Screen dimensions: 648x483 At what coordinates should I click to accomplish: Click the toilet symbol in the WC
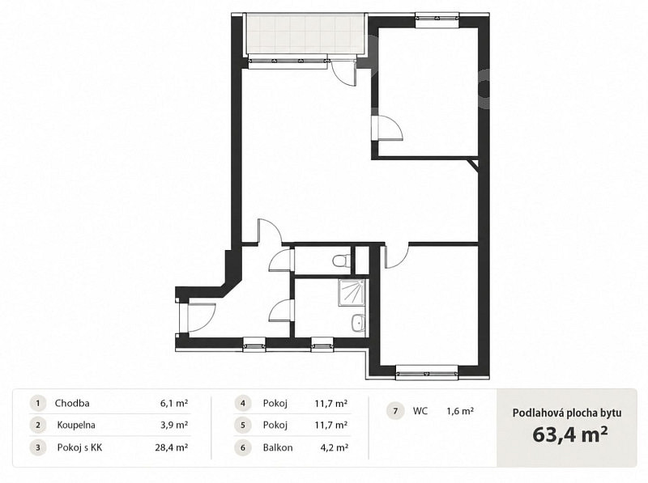point(341,261)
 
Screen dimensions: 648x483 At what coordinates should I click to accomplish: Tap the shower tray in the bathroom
point(352,293)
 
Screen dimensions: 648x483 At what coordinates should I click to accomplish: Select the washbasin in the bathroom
point(358,323)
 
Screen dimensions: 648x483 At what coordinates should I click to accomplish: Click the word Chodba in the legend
point(72,403)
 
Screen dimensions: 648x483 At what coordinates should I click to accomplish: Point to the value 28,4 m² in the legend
point(172,447)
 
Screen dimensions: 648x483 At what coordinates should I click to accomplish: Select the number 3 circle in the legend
point(38,447)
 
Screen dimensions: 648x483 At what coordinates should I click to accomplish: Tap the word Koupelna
point(76,426)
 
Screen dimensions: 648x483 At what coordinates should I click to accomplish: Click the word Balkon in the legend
point(278,447)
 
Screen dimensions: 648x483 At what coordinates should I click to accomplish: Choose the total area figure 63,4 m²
point(570,434)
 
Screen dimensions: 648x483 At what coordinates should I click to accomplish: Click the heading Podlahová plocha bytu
point(567,413)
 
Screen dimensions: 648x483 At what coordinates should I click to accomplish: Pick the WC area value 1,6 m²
point(460,411)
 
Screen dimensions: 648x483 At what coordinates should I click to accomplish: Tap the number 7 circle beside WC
point(395,411)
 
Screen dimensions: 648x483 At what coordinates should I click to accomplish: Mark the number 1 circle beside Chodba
point(38,404)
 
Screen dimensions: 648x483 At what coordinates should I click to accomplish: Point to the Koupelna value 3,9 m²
point(175,426)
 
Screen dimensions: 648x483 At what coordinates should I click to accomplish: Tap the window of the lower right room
point(427,374)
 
